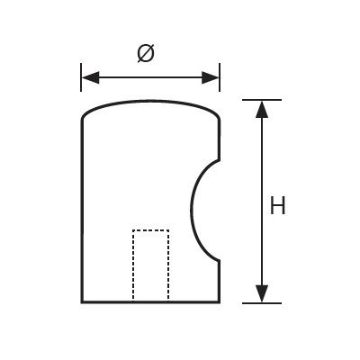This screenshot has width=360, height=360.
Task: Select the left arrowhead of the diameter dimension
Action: point(87,76)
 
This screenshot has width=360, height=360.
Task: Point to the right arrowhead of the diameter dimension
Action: point(213,76)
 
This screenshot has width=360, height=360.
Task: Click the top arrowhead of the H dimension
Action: point(261,108)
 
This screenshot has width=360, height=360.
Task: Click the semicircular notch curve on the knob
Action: point(193,211)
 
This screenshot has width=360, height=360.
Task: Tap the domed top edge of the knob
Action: point(150,103)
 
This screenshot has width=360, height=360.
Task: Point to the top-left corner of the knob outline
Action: point(83,121)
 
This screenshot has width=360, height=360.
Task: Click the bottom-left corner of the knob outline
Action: point(82,302)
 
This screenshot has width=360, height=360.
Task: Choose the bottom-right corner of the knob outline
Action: point(220,302)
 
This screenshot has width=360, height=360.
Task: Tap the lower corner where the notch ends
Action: point(220,260)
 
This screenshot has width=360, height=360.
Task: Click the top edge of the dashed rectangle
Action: point(150,231)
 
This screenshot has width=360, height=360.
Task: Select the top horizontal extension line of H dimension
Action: point(261,98)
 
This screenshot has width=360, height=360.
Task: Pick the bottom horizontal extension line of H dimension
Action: point(261,303)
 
